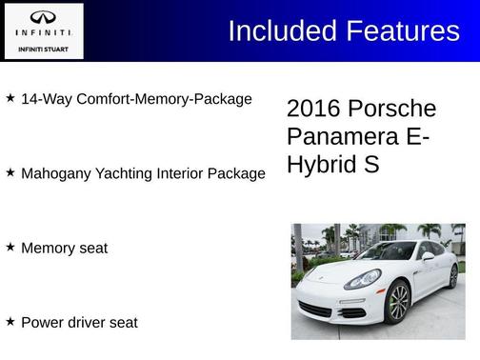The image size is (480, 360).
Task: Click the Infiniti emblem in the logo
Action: tap(43, 17)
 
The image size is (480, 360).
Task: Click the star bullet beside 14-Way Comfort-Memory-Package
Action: tap(10, 98)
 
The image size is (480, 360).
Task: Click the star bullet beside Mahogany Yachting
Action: tap(10, 173)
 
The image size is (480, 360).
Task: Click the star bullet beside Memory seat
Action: tap(10, 248)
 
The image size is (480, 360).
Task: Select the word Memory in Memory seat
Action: tap(48, 249)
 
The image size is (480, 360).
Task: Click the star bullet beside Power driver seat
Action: tap(10, 322)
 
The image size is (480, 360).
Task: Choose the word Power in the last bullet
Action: tap(41, 323)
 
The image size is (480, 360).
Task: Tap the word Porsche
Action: tap(391, 109)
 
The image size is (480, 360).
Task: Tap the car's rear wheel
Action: tap(453, 276)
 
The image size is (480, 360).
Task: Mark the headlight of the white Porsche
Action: tap(363, 279)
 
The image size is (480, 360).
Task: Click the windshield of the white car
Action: tap(386, 252)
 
